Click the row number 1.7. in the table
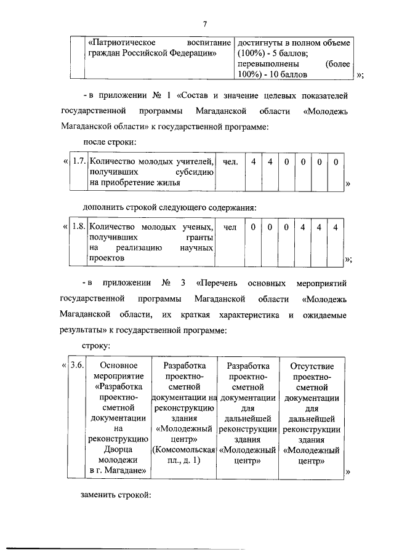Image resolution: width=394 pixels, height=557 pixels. [78, 161]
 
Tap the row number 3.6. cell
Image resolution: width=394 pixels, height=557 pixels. [77, 365]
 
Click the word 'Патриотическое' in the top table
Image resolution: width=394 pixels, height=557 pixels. [121, 43]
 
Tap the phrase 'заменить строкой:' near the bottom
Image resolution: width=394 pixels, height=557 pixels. [116, 494]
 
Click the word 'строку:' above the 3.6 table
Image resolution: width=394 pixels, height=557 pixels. [95, 347]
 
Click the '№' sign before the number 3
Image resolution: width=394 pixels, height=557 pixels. [167, 284]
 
